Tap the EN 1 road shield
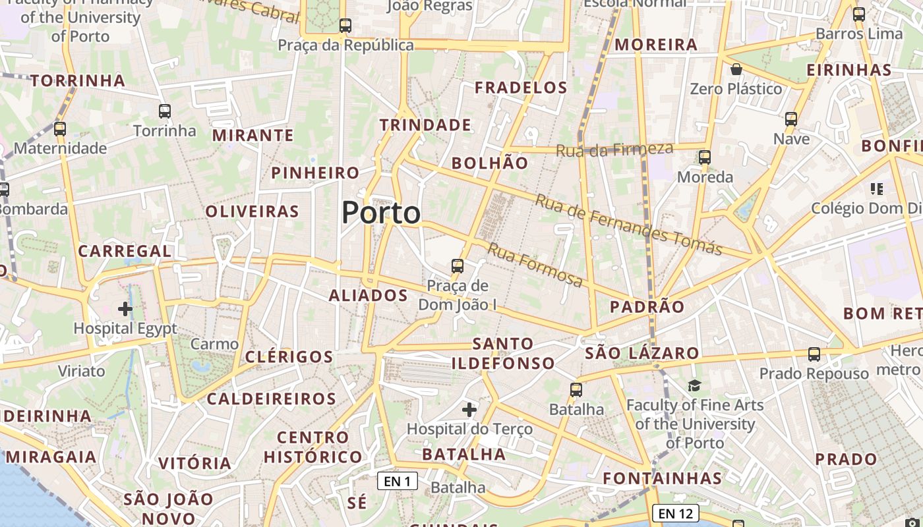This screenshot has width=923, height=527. [398, 481]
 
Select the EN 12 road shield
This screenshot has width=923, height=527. [675, 513]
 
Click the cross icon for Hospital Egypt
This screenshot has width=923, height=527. [125, 308]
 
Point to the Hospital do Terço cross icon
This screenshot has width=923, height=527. [469, 410]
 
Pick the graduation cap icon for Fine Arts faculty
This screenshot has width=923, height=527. [694, 385]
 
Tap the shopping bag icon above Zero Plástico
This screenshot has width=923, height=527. [736, 69]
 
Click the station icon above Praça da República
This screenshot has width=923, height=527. [345, 26]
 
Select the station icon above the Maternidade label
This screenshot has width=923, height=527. [60, 129]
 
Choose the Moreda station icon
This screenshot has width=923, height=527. [705, 157]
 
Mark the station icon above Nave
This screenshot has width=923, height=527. [791, 119]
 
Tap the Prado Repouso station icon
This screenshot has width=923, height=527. [814, 354]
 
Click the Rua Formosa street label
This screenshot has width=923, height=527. [535, 265]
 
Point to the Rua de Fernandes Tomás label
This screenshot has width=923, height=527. [628, 225]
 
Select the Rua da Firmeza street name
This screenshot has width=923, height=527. [614, 150]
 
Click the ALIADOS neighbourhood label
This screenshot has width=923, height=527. [369, 295]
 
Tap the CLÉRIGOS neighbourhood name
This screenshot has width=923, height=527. [289, 357]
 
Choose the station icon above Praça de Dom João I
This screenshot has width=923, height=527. [458, 266]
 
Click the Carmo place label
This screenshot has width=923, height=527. [214, 344]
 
